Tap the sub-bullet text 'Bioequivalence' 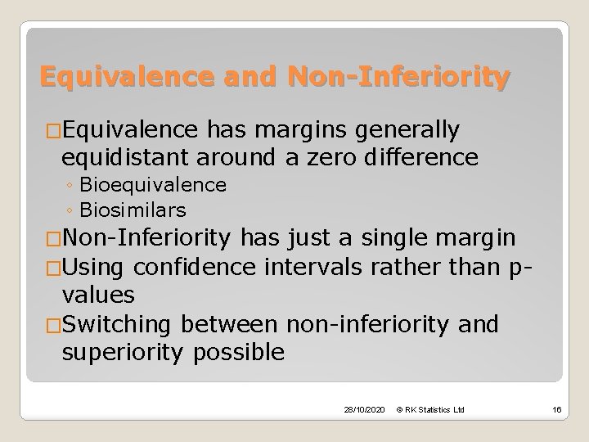pos(170,185)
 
